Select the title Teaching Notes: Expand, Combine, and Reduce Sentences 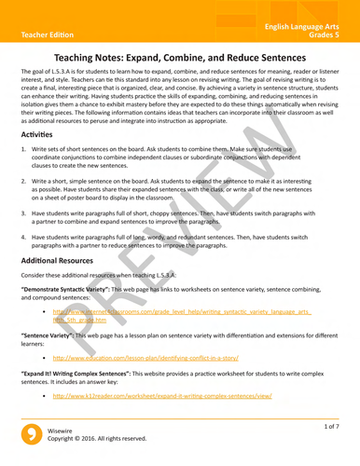point(179,58)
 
